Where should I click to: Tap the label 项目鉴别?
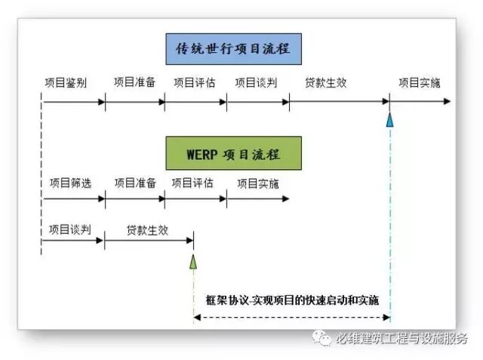pyautogui.click(x=66, y=82)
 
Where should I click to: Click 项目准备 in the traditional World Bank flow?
pyautogui.click(x=134, y=82)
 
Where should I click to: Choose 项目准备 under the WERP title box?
pyautogui.click(x=135, y=183)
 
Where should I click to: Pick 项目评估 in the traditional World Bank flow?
pyautogui.click(x=195, y=82)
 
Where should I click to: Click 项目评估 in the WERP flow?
pyautogui.click(x=192, y=183)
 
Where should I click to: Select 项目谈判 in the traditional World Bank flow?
pyautogui.click(x=257, y=82)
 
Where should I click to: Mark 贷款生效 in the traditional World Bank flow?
pyautogui.click(x=325, y=82)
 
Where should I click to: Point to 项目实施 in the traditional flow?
pyautogui.click(x=420, y=82)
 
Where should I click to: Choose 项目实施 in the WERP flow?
pyautogui.click(x=257, y=183)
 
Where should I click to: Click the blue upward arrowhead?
pyautogui.click(x=389, y=119)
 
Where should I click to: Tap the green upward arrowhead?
pyautogui.click(x=193, y=261)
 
